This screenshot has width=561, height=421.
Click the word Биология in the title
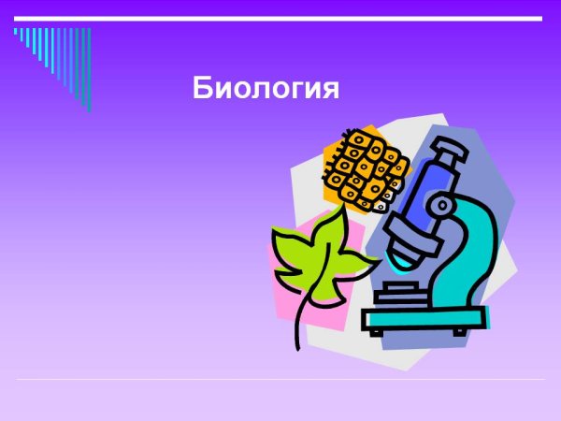pos(265,89)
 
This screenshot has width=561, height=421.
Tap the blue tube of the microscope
pos(426,192)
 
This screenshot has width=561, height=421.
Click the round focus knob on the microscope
pos(439,205)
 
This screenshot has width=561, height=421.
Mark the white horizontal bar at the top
pos(280,18)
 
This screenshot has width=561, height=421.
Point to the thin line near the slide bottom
pos(280,379)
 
